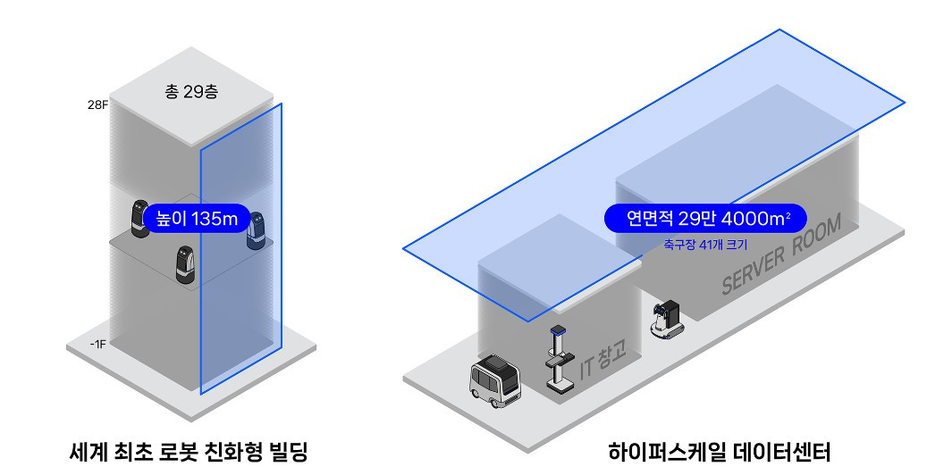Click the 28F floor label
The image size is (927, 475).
click(97, 105)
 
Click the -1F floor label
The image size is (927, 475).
click(97, 343)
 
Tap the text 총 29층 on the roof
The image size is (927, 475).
click(191, 92)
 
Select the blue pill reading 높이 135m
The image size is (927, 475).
click(194, 218)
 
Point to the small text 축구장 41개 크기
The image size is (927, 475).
click(705, 243)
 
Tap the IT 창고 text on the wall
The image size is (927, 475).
click(603, 360)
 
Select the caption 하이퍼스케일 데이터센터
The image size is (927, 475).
click(719, 452)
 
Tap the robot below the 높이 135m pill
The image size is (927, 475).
click(185, 265)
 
